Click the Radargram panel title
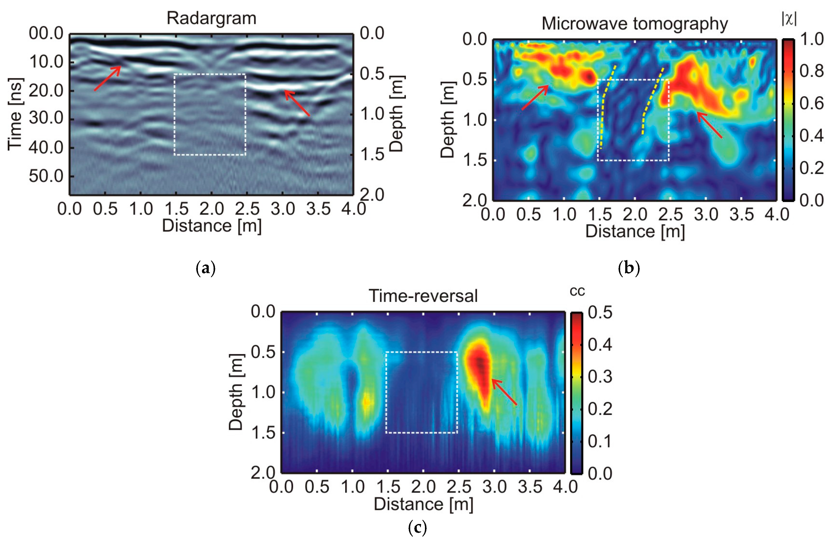[x=211, y=18]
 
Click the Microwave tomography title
[x=635, y=24]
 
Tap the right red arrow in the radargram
[x=297, y=103]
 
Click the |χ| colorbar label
[x=789, y=18]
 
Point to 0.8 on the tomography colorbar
[x=811, y=72]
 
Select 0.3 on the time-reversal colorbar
[x=600, y=377]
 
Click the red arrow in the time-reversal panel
[x=504, y=392]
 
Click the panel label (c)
[x=417, y=527]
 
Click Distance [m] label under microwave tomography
[x=635, y=232]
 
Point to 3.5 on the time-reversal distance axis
[x=530, y=487]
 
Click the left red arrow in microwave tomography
[x=535, y=97]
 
